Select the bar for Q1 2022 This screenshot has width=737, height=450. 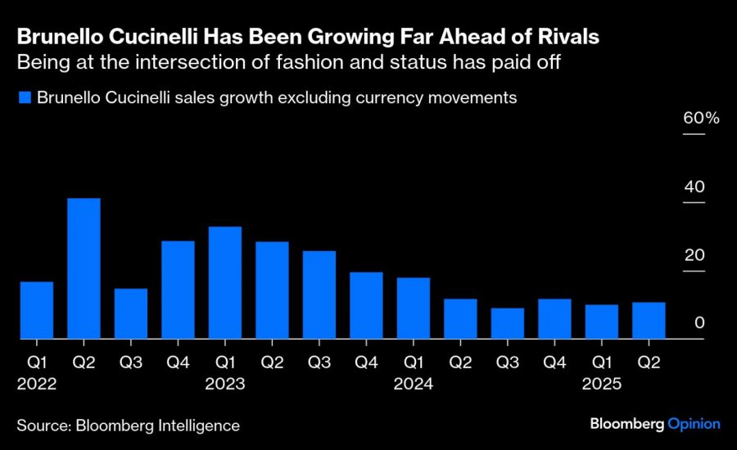(x=37, y=310)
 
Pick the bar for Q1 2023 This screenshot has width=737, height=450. (x=225, y=282)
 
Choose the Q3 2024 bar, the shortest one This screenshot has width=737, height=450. (x=508, y=323)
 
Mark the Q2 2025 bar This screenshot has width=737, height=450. (x=649, y=321)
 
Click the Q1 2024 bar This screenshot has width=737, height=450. (x=414, y=308)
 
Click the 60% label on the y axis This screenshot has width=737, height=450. (x=701, y=119)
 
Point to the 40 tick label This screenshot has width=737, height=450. (x=694, y=187)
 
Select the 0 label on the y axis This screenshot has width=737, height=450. (x=699, y=323)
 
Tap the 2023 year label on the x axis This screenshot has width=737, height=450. (x=225, y=382)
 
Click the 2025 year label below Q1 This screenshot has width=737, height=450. (x=602, y=382)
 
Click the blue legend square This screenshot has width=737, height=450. (x=24, y=98)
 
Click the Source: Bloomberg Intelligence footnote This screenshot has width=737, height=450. (x=128, y=425)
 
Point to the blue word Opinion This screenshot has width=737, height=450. (x=694, y=424)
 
